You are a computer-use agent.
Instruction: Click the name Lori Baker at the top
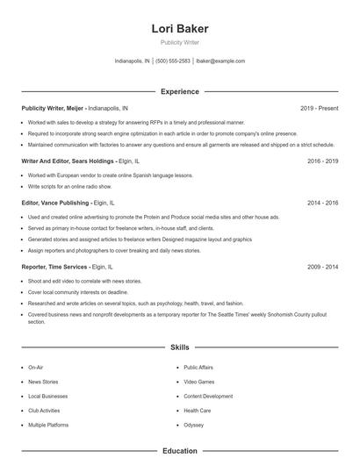point(179,28)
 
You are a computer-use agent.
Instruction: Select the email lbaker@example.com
point(220,61)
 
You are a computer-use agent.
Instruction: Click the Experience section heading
point(180,91)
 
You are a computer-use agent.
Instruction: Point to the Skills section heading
point(180,347)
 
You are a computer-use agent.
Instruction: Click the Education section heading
point(180,451)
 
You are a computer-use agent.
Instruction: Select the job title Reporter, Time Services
point(54,266)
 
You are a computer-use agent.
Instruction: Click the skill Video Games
point(198,383)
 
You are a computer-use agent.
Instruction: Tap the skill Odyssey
point(193,425)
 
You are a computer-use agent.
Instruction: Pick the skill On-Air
point(36,368)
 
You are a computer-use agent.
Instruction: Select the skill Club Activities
point(44,411)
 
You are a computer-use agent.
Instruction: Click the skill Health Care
point(198,411)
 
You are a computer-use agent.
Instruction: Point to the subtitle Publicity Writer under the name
point(179,42)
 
